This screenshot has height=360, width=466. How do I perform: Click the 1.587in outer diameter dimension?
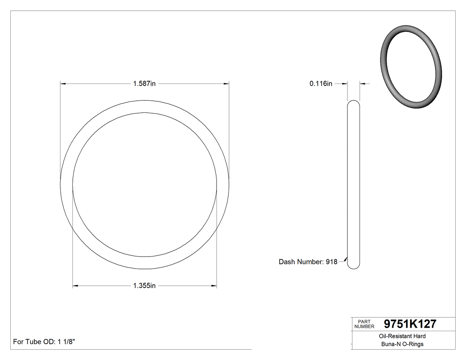(x=144, y=83)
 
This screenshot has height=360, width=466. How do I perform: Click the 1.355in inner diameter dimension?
(x=144, y=286)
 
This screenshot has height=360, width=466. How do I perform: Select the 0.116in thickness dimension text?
(x=321, y=83)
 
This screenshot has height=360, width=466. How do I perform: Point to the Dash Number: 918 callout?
(x=308, y=262)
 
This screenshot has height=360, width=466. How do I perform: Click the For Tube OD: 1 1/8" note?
(x=44, y=342)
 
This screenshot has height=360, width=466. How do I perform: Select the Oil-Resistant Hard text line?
(x=403, y=336)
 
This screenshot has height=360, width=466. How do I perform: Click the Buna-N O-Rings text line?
(x=403, y=344)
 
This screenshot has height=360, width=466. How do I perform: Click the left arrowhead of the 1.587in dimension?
(x=63, y=83)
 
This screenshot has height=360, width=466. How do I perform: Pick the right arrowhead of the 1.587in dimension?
(x=226, y=83)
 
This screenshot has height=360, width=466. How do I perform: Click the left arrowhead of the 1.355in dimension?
(x=75, y=286)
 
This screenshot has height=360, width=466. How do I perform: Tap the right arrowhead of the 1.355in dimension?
(x=214, y=286)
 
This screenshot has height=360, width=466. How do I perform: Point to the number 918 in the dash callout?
(x=331, y=262)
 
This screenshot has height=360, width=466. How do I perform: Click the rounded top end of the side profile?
(x=353, y=103)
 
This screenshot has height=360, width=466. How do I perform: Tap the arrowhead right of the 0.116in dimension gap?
(x=362, y=83)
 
